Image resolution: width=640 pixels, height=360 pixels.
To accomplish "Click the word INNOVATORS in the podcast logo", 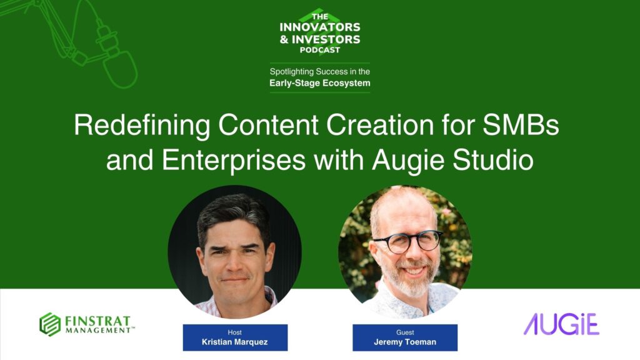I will (320, 27).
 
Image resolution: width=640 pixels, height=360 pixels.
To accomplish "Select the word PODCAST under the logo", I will (320, 50).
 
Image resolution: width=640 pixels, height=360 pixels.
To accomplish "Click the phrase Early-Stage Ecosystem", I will (320, 83).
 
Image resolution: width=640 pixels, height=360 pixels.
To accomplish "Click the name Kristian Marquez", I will (235, 342).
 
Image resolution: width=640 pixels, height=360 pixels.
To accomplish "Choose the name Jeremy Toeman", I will (405, 342).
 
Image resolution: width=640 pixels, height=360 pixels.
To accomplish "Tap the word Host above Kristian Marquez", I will (235, 332).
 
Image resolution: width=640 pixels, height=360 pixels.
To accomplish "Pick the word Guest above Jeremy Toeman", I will (405, 332).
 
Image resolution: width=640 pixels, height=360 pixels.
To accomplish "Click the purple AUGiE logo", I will (561, 324).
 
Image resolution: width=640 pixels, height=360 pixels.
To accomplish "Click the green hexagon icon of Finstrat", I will (50, 324).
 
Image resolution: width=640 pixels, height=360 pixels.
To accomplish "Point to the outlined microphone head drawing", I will (119, 68).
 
